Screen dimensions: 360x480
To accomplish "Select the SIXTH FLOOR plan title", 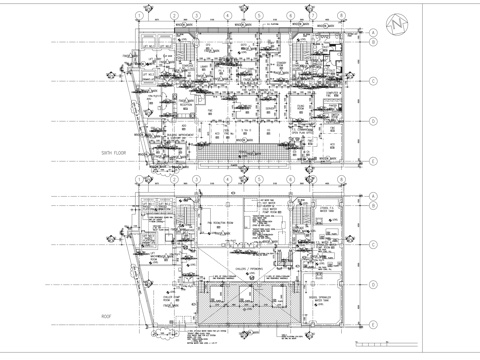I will click(x=117, y=151).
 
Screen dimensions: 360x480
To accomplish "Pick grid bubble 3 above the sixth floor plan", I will click(x=198, y=16).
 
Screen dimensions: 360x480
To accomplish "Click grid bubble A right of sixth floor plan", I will click(x=372, y=32).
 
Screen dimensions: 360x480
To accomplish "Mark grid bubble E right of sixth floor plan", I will click(x=372, y=160).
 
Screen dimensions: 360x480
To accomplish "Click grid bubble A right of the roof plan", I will click(x=372, y=196).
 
